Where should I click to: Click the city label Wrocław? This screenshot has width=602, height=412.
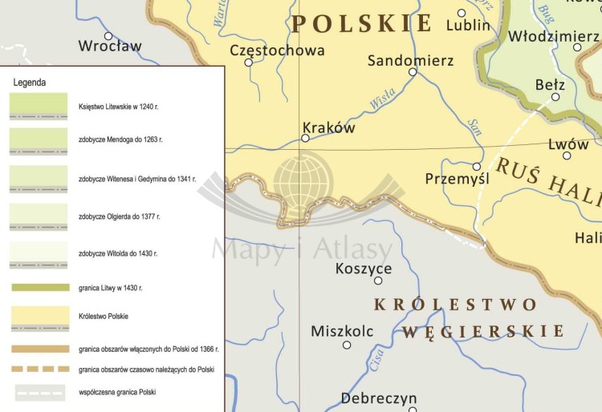point(109,46)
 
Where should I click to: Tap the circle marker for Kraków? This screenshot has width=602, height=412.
point(305,138)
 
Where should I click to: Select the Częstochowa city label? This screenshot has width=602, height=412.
point(277,50)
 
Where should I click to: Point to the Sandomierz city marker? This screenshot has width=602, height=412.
point(413,71)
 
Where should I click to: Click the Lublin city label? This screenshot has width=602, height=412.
point(467,25)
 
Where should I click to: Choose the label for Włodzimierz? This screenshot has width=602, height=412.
point(554,37)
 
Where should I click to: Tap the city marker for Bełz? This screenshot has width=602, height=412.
point(555,97)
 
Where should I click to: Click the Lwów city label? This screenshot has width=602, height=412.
point(567,145)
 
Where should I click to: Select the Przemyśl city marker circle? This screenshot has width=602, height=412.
point(477,167)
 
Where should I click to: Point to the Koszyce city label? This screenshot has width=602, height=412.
point(364,268)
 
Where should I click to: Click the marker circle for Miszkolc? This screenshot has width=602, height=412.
point(347,345)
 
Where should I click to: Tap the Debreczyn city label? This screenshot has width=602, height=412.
point(379,398)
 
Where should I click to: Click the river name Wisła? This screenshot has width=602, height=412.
point(383,102)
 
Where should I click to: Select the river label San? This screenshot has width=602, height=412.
point(474,127)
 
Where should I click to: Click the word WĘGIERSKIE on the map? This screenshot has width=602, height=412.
point(482,331)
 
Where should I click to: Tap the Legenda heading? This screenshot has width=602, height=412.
point(30,83)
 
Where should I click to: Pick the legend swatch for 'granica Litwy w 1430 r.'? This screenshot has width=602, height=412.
point(39,287)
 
